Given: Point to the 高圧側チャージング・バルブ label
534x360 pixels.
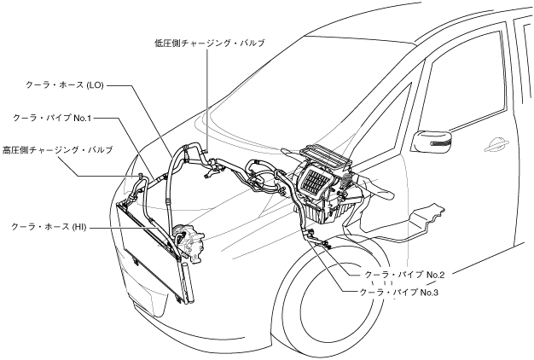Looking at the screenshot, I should [57, 149].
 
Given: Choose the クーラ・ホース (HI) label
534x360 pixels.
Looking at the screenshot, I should [49, 227].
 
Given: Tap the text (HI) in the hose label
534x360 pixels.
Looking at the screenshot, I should [78, 227].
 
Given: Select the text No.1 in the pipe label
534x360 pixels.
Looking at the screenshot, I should [81, 117].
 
